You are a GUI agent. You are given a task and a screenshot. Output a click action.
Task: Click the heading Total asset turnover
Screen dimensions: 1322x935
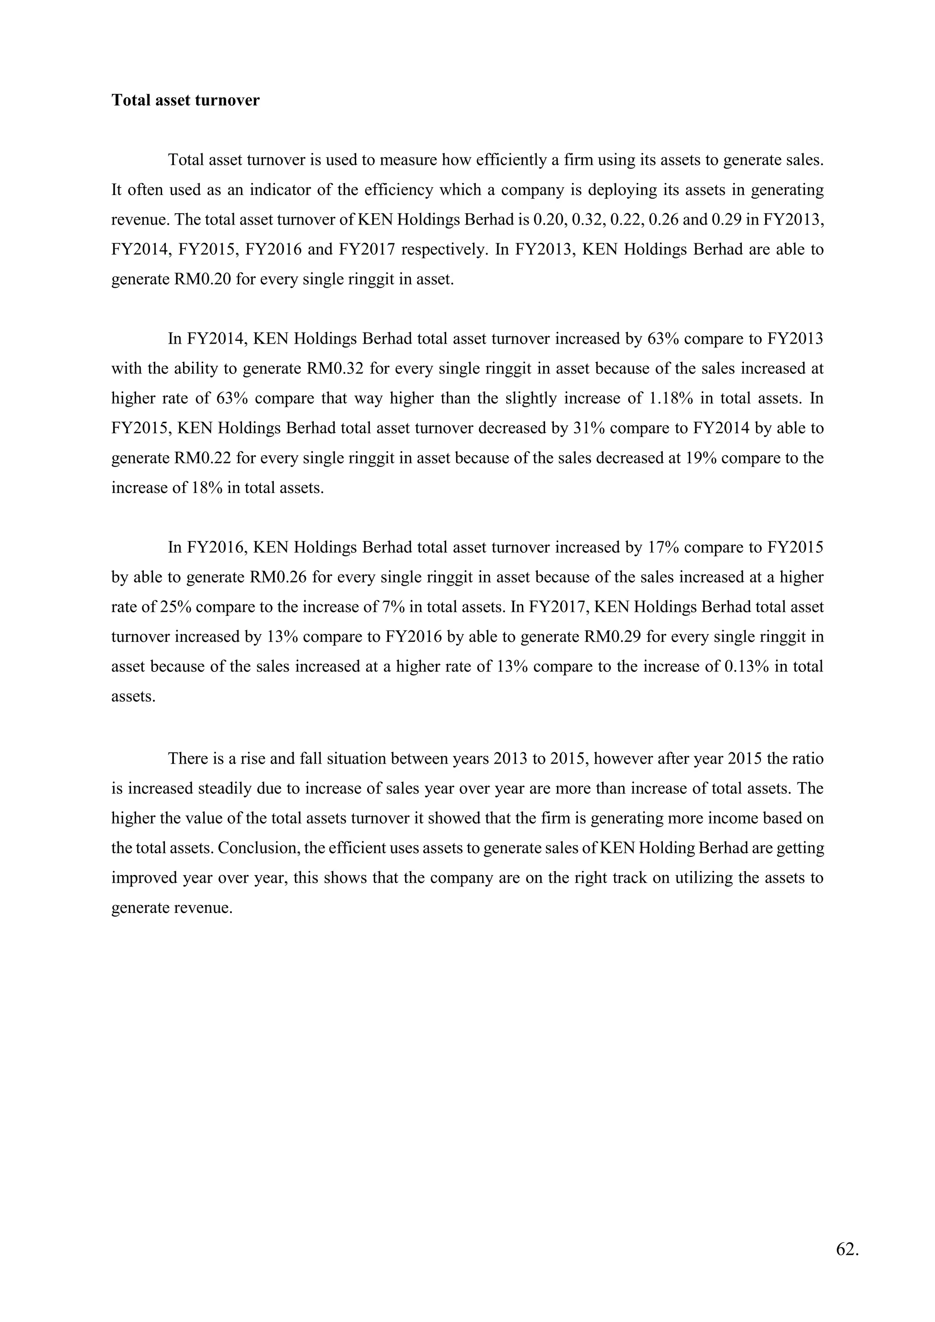pyautogui.click(x=185, y=100)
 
